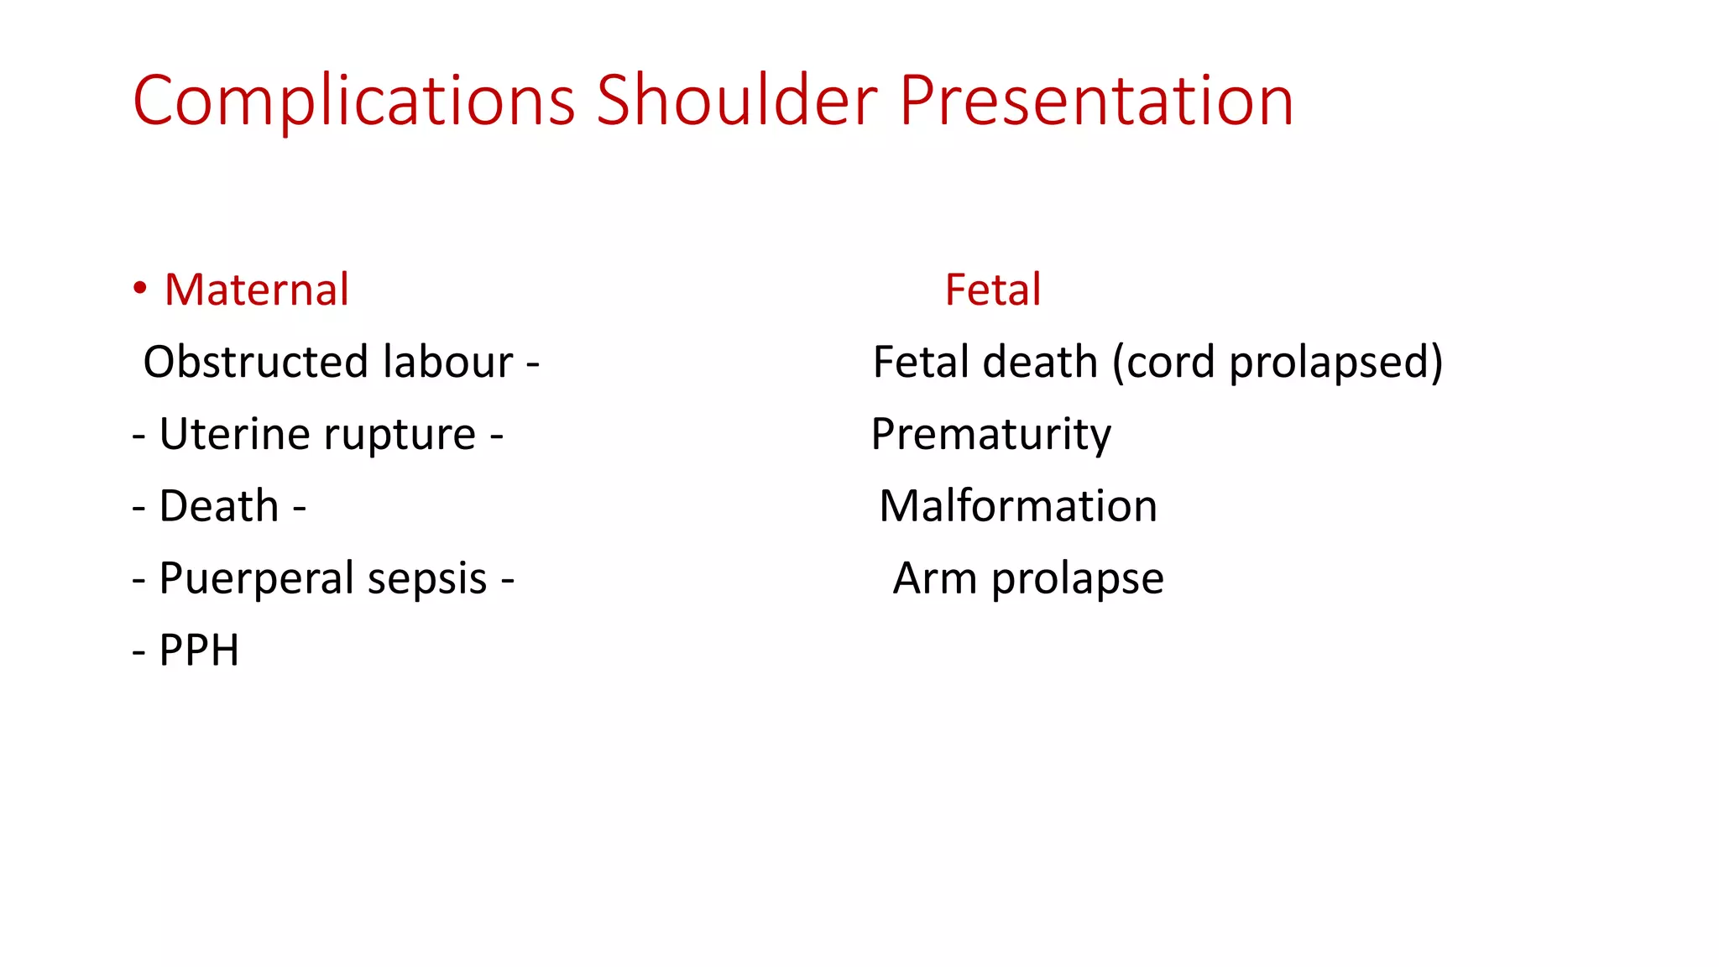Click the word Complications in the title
[353, 101]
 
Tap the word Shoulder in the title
[736, 101]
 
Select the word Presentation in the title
[1095, 101]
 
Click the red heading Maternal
[256, 290]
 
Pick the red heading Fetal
[992, 290]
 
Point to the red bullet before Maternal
[140, 289]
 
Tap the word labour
[447, 363]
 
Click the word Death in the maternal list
[218, 507]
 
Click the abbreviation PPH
[199, 651]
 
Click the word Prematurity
[990, 435]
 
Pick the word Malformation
[1017, 507]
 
